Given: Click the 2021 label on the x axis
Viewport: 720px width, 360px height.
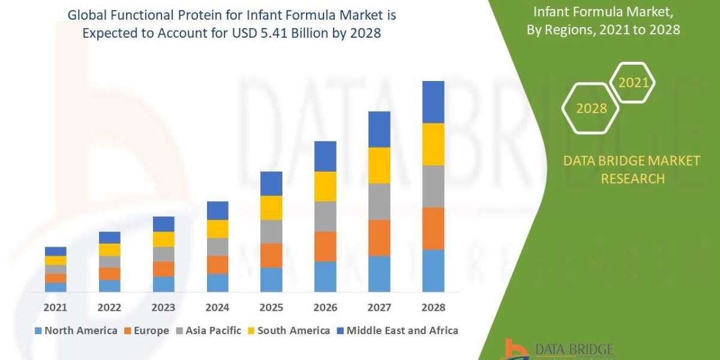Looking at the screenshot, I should [56, 307].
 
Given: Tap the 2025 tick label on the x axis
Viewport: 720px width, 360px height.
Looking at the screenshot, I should [271, 307].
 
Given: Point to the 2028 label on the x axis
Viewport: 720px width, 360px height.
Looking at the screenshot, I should [433, 307].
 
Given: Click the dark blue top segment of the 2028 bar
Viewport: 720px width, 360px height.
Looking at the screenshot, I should [433, 102].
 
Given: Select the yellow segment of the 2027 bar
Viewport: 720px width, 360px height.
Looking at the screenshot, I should [379, 165].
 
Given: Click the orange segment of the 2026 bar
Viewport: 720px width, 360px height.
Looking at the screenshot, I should [325, 246].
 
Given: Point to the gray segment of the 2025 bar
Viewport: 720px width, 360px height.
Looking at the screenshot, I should [271, 231].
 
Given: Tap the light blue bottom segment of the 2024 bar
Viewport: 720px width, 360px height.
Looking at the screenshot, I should [218, 283].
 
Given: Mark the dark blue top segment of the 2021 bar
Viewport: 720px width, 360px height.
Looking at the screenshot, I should [56, 251].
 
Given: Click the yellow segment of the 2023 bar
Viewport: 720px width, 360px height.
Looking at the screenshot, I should [164, 239].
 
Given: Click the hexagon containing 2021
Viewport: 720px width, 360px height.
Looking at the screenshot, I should [632, 83].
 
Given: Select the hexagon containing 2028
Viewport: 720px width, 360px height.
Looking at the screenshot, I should [590, 109].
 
